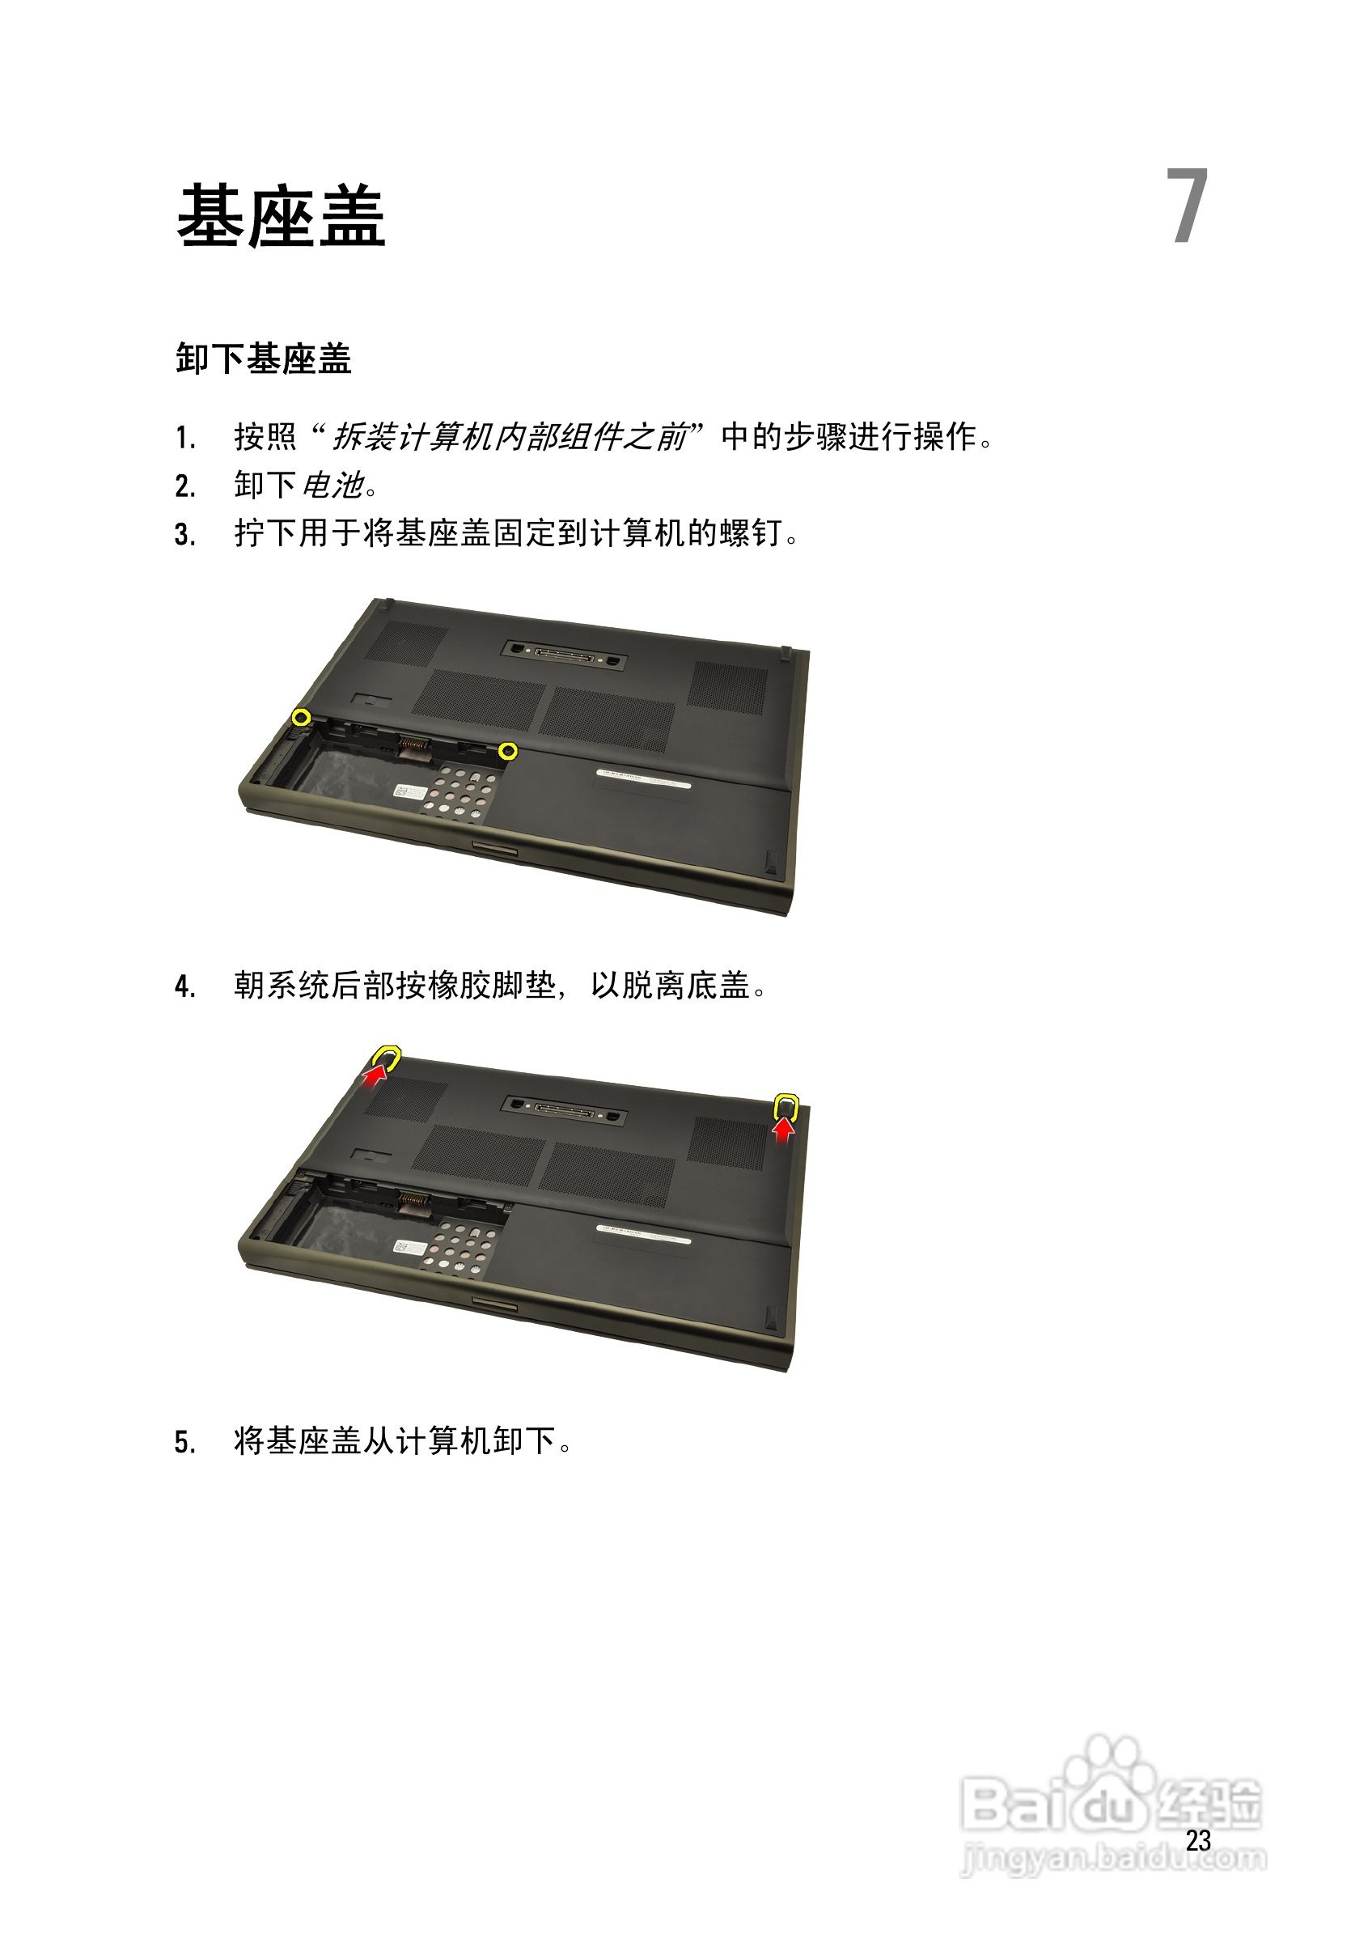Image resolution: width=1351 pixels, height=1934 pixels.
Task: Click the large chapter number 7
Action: (1187, 206)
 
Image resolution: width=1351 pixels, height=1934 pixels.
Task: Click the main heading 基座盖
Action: (282, 217)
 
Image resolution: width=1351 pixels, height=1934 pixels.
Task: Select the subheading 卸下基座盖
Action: (264, 358)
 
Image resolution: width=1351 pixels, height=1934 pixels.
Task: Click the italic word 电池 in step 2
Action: (332, 486)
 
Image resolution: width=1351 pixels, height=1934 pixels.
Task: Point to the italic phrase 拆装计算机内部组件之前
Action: (509, 436)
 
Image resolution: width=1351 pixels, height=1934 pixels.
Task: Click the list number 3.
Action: (184, 534)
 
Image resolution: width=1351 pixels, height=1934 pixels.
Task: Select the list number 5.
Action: (184, 1442)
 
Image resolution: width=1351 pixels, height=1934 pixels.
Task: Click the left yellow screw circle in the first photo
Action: (301, 718)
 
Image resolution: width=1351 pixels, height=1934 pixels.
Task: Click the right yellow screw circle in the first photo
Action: (507, 750)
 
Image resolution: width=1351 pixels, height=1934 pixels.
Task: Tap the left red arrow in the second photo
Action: (376, 1073)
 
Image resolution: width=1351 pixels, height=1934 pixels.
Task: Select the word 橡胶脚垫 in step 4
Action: (493, 986)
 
